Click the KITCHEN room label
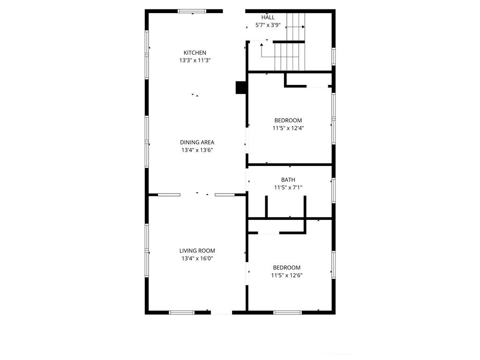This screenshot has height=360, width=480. pyautogui.click(x=195, y=52)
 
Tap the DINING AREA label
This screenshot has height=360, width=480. pyautogui.click(x=197, y=142)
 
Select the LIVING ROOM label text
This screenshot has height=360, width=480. pyautogui.click(x=197, y=251)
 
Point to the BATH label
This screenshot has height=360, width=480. pyautogui.click(x=288, y=180)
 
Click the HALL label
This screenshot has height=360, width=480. pyautogui.click(x=268, y=17)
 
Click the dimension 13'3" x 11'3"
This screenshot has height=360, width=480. pyautogui.click(x=195, y=60)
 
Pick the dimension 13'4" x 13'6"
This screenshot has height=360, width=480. pyautogui.click(x=197, y=150)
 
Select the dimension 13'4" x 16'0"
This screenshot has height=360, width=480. pyautogui.click(x=197, y=258)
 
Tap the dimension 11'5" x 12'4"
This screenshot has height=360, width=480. pyautogui.click(x=288, y=128)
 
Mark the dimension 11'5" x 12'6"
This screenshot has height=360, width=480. pyautogui.click(x=287, y=275)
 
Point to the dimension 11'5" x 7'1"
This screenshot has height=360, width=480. pyautogui.click(x=288, y=187)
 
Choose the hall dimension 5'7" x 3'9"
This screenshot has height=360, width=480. pyautogui.click(x=268, y=25)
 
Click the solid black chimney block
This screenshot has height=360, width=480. pyautogui.click(x=241, y=87)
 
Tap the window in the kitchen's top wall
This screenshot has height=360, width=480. pyautogui.click(x=192, y=11)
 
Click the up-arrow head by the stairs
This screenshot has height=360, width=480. pyautogui.click(x=262, y=45)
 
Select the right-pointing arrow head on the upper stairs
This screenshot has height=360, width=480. pyautogui.click(x=303, y=27)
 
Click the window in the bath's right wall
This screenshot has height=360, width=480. pyautogui.click(x=334, y=190)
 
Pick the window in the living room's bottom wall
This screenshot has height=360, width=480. pyautogui.click(x=181, y=313)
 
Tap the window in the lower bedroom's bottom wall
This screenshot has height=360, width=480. pyautogui.click(x=287, y=313)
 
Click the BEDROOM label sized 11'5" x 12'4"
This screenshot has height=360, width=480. pyautogui.click(x=288, y=120)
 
